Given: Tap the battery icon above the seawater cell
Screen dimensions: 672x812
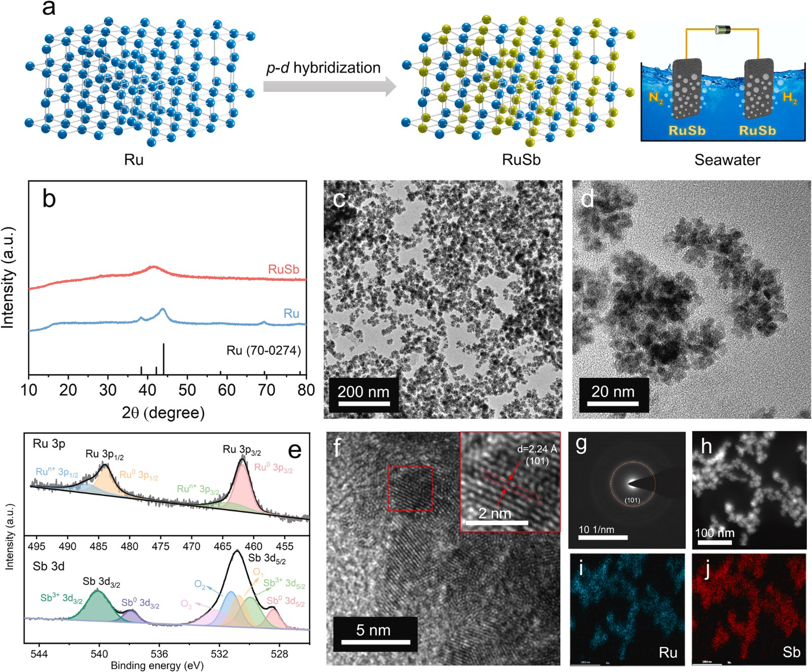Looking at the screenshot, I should [x=722, y=29].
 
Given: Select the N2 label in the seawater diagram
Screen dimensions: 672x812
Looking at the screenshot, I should [x=656, y=98].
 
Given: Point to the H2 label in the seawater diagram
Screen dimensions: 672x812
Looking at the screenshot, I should [x=790, y=97].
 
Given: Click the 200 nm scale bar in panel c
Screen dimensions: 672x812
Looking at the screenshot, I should [x=364, y=404].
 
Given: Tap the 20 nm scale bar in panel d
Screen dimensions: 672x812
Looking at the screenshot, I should [x=613, y=404].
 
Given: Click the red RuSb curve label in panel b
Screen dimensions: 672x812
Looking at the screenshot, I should [x=284, y=269].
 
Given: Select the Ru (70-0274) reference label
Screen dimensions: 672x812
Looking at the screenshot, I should [x=263, y=350].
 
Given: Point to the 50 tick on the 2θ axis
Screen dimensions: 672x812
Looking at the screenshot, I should [x=187, y=390].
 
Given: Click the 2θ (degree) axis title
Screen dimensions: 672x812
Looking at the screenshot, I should [x=163, y=413].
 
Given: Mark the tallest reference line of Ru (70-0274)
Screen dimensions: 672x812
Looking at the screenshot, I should [x=163, y=359].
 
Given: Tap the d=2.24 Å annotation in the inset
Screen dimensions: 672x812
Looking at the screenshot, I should [x=537, y=449].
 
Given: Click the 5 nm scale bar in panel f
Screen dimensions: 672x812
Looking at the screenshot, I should [x=376, y=642].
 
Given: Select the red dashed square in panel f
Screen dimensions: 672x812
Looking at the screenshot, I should [x=410, y=488].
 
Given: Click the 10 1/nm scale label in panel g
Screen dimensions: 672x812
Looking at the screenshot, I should [x=596, y=529].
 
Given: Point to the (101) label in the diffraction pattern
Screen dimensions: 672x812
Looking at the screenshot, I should [x=632, y=500].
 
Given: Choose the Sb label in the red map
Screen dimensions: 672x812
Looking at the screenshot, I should [x=791, y=652].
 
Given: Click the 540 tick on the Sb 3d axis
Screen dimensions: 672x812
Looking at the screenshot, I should [x=99, y=654].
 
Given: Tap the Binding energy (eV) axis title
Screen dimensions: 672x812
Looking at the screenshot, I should [x=157, y=665].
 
